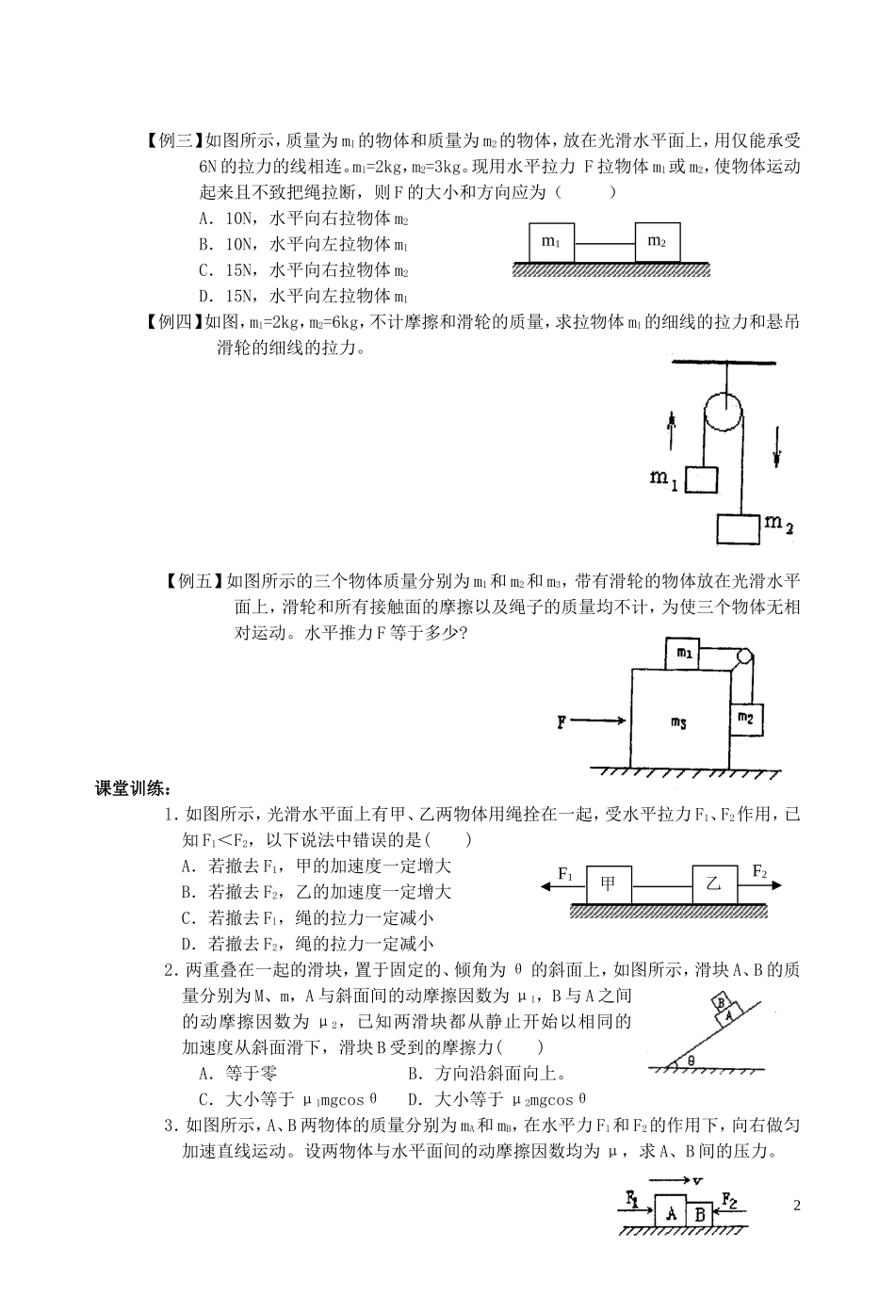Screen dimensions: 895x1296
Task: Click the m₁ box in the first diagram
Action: point(551,243)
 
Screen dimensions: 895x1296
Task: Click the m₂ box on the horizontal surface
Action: point(657,243)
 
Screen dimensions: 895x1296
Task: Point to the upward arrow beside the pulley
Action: point(672,431)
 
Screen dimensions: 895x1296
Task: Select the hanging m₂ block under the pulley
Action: point(738,528)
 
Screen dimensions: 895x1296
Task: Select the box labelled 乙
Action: point(713,884)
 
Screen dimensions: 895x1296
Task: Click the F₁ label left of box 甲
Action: point(565,873)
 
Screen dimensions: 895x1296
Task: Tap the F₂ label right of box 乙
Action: point(759,872)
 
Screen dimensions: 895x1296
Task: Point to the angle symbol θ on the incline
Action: point(690,1060)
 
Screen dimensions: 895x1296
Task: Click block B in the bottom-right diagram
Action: point(700,1214)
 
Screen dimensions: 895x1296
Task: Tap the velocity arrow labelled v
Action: point(671,1181)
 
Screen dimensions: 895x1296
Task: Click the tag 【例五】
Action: point(195,581)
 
